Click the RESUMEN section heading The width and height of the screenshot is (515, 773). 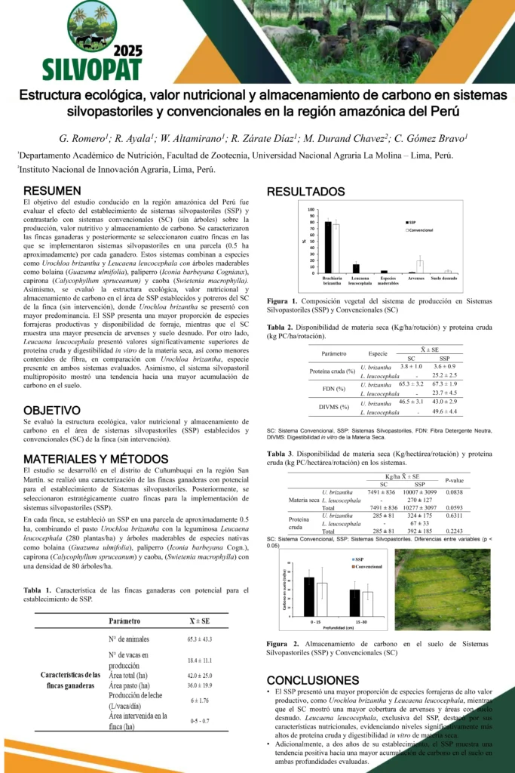point(52,191)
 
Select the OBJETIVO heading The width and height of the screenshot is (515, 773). point(52,410)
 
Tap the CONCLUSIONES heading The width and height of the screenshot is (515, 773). point(313,680)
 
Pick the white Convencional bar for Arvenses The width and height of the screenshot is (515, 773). point(420,266)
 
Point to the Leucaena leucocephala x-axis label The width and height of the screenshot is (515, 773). point(360,282)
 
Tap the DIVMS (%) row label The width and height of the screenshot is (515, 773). point(333,407)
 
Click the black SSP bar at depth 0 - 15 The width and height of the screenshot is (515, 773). point(309,597)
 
